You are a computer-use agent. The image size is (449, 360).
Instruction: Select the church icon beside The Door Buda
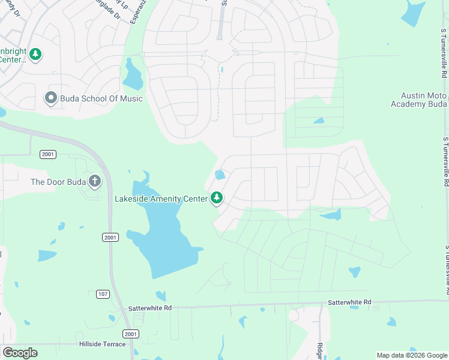(95, 181)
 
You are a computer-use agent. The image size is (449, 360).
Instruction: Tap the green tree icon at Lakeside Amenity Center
(216, 197)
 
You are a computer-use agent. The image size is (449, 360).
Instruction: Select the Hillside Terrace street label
(103, 344)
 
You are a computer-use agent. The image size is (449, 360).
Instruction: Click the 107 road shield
(103, 293)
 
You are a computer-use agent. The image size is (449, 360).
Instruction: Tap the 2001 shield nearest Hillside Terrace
(130, 334)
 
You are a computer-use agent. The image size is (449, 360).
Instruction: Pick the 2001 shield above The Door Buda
(48, 154)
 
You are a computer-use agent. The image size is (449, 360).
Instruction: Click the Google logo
(20, 353)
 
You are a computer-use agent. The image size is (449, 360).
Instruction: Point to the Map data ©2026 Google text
(412, 355)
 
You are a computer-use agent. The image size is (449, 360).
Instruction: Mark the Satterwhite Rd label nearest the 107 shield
(150, 308)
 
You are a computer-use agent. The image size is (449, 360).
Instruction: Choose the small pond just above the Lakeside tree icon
(220, 175)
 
